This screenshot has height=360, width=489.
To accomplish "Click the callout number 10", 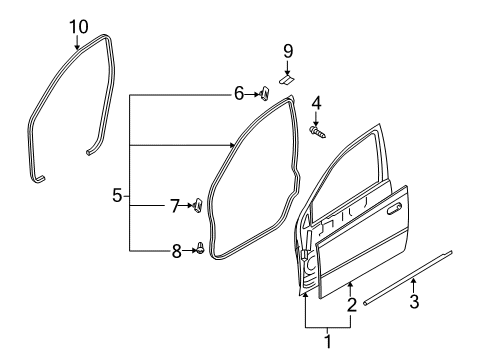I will pos(77,25).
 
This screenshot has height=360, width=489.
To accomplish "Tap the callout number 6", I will pos(239,94).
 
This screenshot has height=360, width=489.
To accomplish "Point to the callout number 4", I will pos(316,102).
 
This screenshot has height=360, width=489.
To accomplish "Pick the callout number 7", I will pos(174,206).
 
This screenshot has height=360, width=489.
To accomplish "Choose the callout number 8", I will pos(176,250).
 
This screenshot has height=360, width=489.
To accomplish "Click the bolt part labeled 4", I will pos(317,130).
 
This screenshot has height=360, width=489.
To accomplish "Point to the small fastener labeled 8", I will pos(200,249).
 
